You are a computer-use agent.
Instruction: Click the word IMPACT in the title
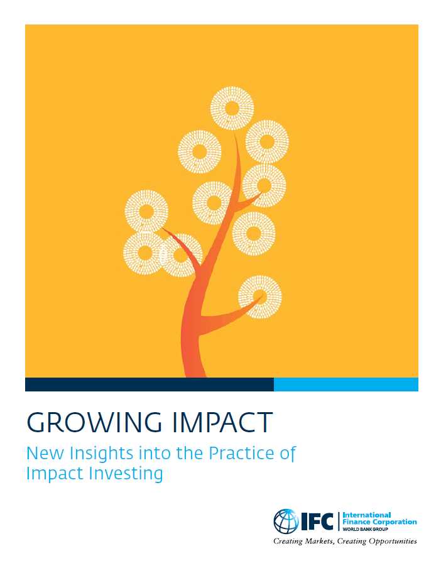[217, 423]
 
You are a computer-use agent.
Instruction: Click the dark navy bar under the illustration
[149, 385]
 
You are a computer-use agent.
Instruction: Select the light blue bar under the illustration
[346, 385]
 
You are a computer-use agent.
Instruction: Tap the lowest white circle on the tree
[259, 297]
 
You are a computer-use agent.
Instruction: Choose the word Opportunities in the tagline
[386, 540]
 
